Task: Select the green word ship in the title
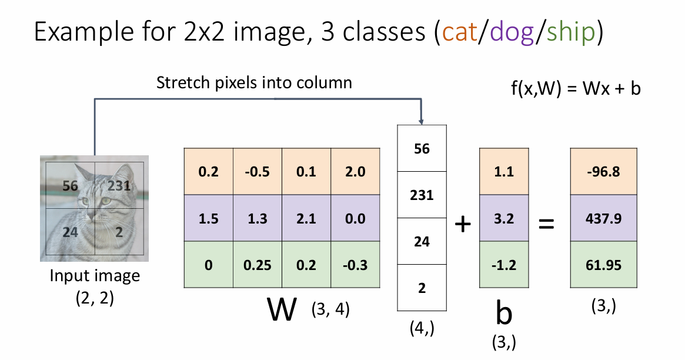pyautogui.click(x=569, y=32)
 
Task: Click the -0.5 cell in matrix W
pyautogui.click(x=258, y=172)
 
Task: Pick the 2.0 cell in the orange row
pyautogui.click(x=355, y=172)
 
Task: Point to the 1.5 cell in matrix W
pyautogui.click(x=209, y=219)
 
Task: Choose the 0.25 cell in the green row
pyautogui.click(x=258, y=265)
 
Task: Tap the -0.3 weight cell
pyautogui.click(x=355, y=265)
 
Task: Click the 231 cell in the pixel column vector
pyautogui.click(x=422, y=195)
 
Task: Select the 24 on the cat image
pyautogui.click(x=70, y=232)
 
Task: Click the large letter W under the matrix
pyautogui.click(x=282, y=308)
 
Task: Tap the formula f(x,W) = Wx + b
pyautogui.click(x=575, y=89)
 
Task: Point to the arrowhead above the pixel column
pyautogui.click(x=422, y=120)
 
